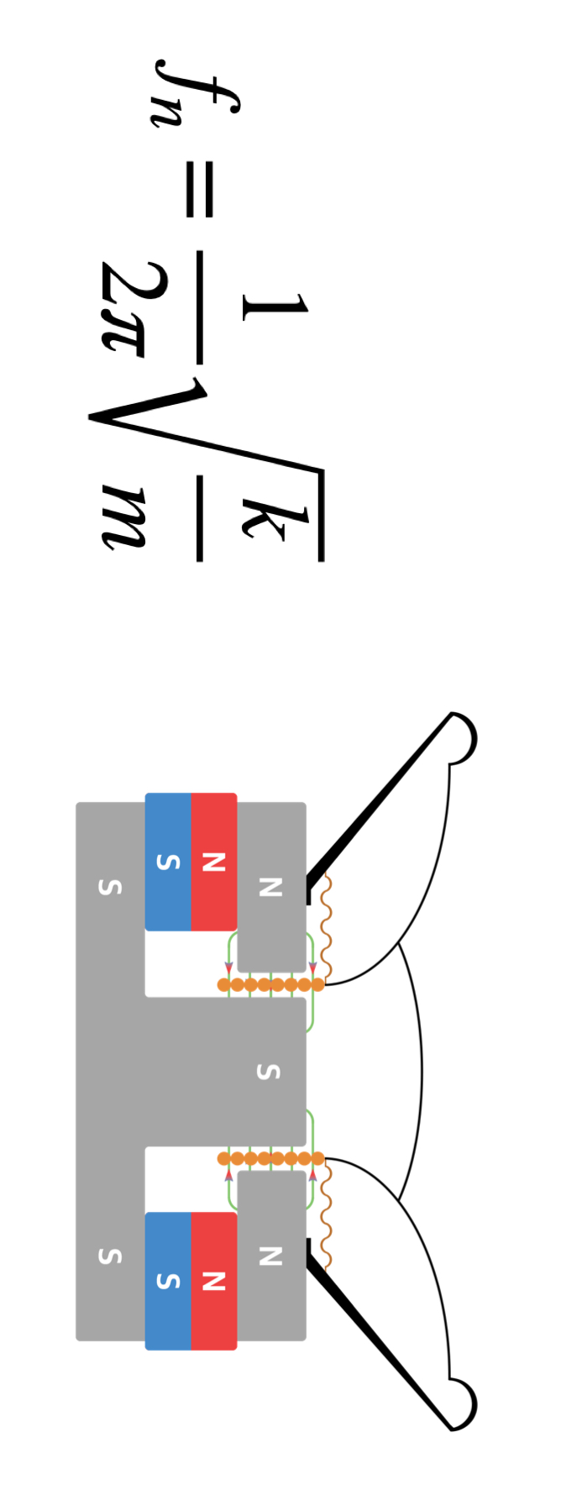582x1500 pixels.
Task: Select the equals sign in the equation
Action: point(199,189)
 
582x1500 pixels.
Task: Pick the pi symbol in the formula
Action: point(124,332)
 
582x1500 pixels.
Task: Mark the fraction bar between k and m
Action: point(200,517)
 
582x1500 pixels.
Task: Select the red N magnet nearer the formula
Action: point(214,862)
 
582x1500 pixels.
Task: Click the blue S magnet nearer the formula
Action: point(168,862)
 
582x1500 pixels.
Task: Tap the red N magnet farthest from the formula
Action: point(214,1281)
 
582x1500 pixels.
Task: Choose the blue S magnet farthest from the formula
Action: point(168,1281)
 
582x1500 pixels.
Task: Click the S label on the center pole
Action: point(267,1072)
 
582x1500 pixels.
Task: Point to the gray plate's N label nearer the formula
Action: point(270,886)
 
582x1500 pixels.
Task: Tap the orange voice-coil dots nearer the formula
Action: point(270,984)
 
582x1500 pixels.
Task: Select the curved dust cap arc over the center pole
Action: point(417,1072)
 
